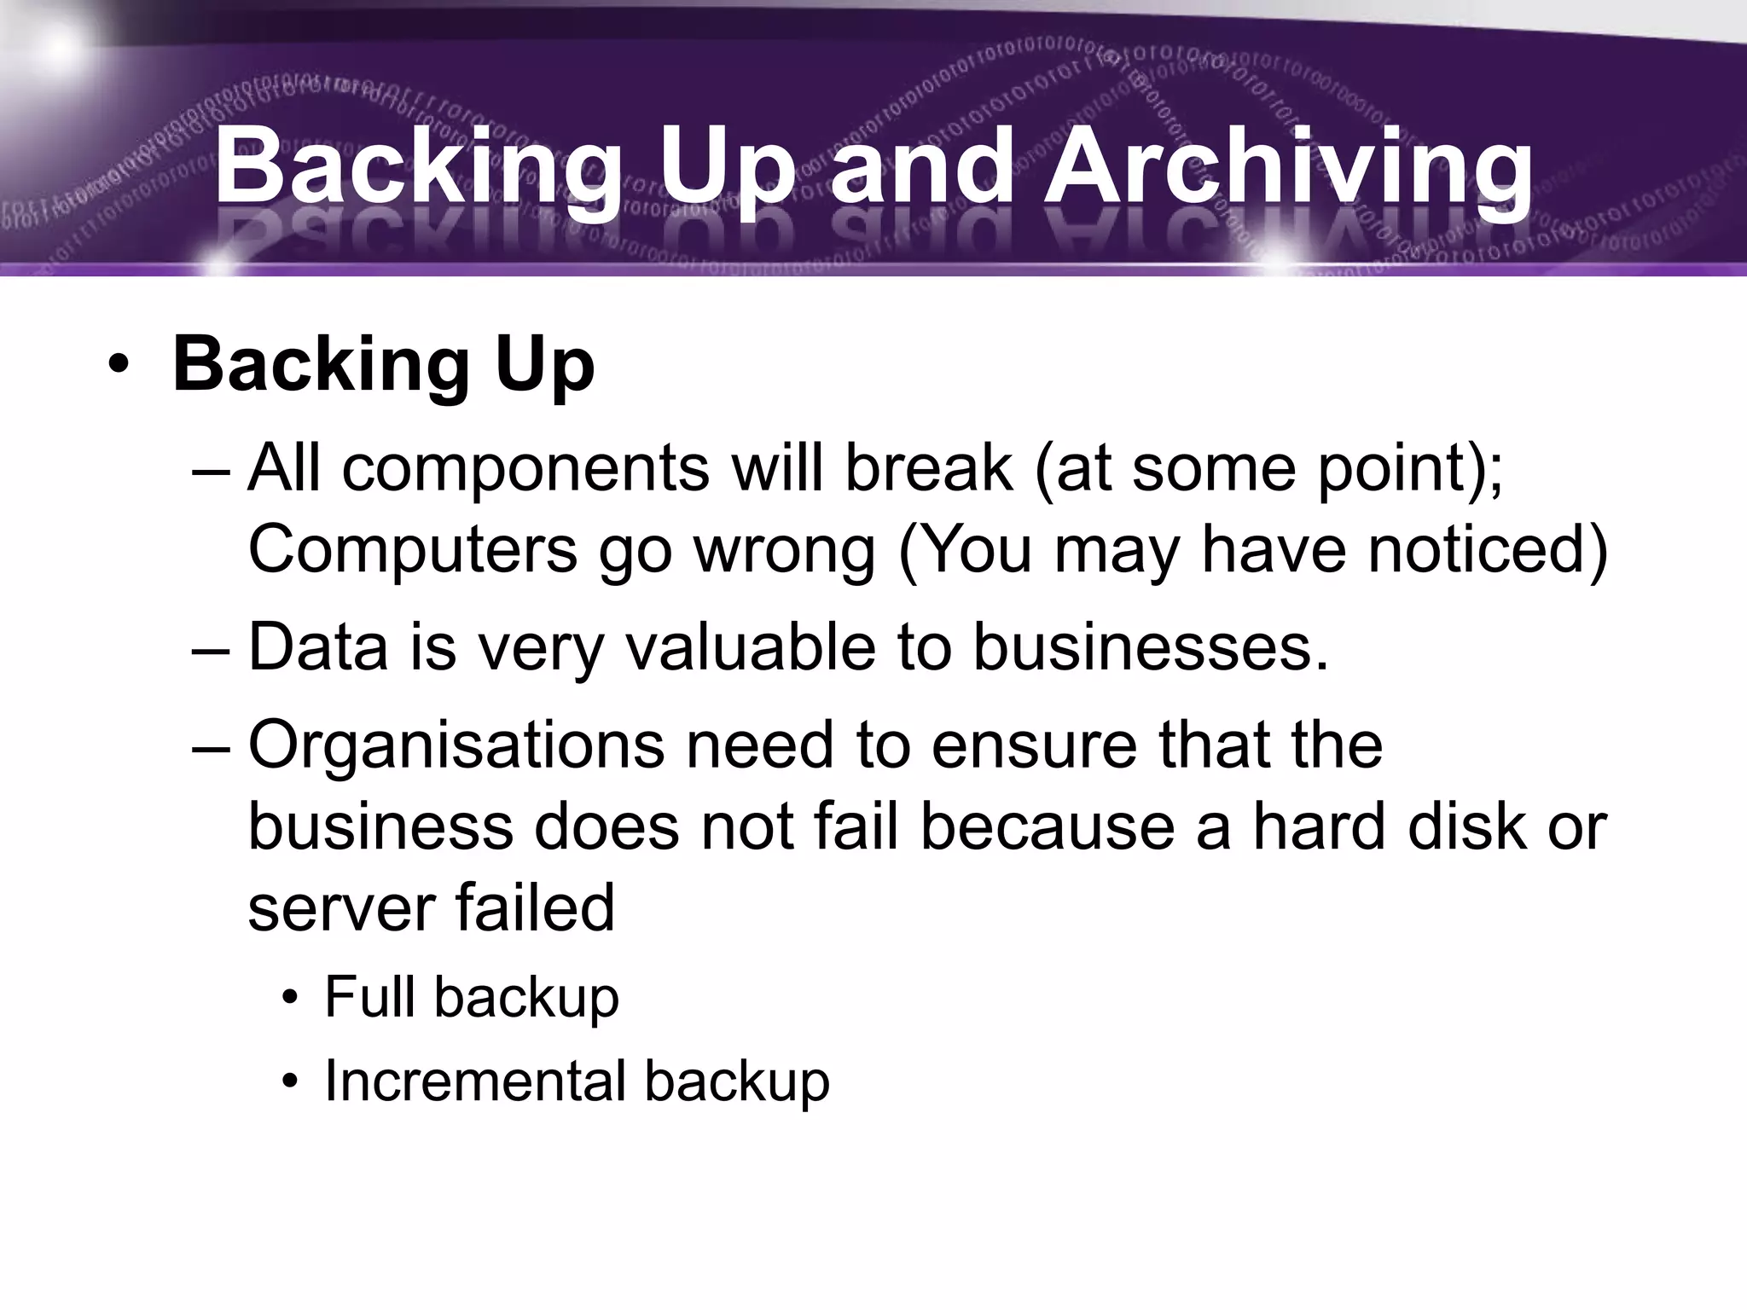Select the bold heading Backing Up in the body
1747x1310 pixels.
click(x=383, y=365)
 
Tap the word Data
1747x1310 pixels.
click(x=317, y=647)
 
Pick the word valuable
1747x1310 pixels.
click(x=751, y=647)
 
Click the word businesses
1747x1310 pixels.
click(x=1150, y=647)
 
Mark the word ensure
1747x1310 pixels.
click(x=1034, y=745)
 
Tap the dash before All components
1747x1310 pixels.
click(x=212, y=470)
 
